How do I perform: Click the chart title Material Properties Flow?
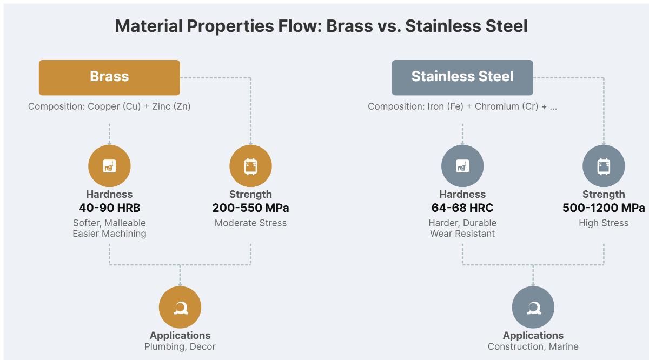(321, 25)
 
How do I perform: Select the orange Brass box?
(109, 77)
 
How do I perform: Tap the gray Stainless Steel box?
(462, 77)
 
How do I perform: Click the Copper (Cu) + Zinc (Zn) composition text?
(109, 106)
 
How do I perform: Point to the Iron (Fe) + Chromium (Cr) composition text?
(462, 106)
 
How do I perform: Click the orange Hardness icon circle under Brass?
(109, 166)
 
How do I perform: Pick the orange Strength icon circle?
(250, 166)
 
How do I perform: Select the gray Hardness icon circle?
(462, 166)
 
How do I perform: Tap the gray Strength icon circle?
(603, 166)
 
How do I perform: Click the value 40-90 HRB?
(109, 208)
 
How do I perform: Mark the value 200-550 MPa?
(250, 208)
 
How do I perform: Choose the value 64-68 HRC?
(462, 208)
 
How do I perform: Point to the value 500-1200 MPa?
(603, 208)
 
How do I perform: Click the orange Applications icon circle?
(180, 307)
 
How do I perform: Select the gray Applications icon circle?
(533, 307)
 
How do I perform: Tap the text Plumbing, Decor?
(180, 346)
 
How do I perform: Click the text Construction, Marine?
(533, 346)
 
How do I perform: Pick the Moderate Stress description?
(250, 223)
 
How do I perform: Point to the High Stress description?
(603, 223)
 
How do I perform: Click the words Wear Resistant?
(462, 234)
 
